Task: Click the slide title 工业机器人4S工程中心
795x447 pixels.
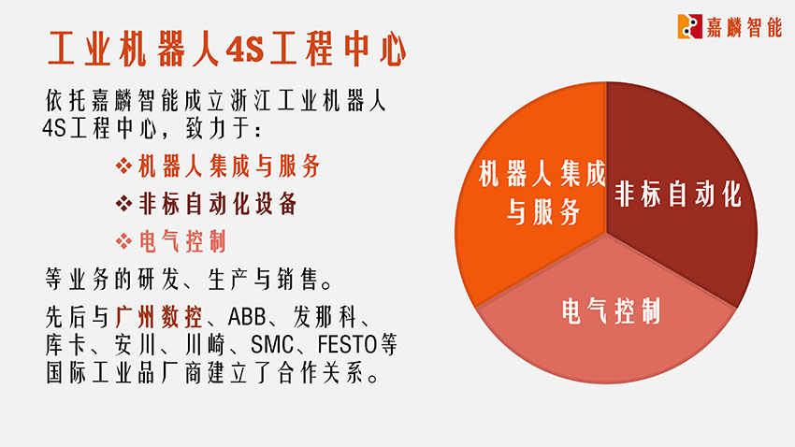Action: point(226,50)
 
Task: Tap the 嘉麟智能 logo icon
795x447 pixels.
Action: point(689,26)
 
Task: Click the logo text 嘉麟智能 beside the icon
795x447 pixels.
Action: point(744,26)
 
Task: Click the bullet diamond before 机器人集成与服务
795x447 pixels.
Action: point(123,166)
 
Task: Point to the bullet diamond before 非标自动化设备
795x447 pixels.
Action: point(123,204)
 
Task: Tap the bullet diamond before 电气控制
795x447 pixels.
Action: point(123,241)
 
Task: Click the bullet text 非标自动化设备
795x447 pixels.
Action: point(218,204)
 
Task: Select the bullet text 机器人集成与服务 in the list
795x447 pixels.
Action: point(229,166)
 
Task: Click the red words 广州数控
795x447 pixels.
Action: point(159,317)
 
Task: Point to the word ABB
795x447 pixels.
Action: point(246,317)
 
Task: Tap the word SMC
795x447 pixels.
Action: point(272,345)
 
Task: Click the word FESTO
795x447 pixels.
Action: point(347,345)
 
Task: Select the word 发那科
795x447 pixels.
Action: point(325,317)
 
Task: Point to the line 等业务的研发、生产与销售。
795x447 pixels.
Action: point(189,280)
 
